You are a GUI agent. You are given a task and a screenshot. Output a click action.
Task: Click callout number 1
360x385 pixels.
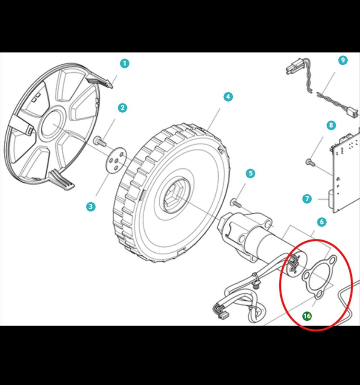[124, 64]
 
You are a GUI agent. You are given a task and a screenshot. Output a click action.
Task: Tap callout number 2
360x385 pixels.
[122, 108]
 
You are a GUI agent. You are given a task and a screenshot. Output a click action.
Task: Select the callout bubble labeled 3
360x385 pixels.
[90, 206]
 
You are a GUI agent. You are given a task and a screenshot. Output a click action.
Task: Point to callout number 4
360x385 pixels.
[228, 97]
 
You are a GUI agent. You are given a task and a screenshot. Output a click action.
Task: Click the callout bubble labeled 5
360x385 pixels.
[250, 173]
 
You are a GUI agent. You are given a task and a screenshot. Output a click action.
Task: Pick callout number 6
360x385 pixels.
[321, 222]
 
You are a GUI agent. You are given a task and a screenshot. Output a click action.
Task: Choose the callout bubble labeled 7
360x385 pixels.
[307, 199]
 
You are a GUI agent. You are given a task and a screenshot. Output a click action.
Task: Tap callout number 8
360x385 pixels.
[331, 125]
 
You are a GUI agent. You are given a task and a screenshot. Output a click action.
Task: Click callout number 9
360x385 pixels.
[342, 60]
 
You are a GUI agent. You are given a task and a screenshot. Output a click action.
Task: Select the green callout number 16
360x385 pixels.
[307, 316]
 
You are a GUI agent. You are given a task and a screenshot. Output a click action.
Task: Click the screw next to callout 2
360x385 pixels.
[100, 142]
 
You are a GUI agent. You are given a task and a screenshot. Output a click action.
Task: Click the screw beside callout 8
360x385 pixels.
[310, 162]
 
